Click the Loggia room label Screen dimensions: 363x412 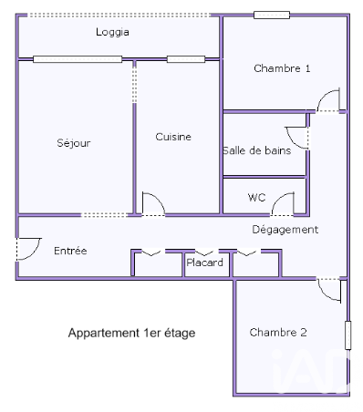point(112,32)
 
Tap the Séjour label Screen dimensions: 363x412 point(74,143)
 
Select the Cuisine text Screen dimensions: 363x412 point(173,137)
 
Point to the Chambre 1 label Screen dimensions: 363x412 point(282,68)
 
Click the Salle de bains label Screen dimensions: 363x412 point(257,150)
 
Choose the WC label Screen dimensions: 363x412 point(257,198)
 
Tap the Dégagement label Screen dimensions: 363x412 point(285,230)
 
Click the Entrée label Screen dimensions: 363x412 point(70,251)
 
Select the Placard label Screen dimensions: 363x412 point(204,263)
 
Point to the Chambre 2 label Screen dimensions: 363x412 point(278,333)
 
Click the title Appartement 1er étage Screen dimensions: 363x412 point(131,333)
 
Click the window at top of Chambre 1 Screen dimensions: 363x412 point(272,15)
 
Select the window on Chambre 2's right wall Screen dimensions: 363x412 point(348,335)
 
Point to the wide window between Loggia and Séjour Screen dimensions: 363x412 point(78,59)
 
